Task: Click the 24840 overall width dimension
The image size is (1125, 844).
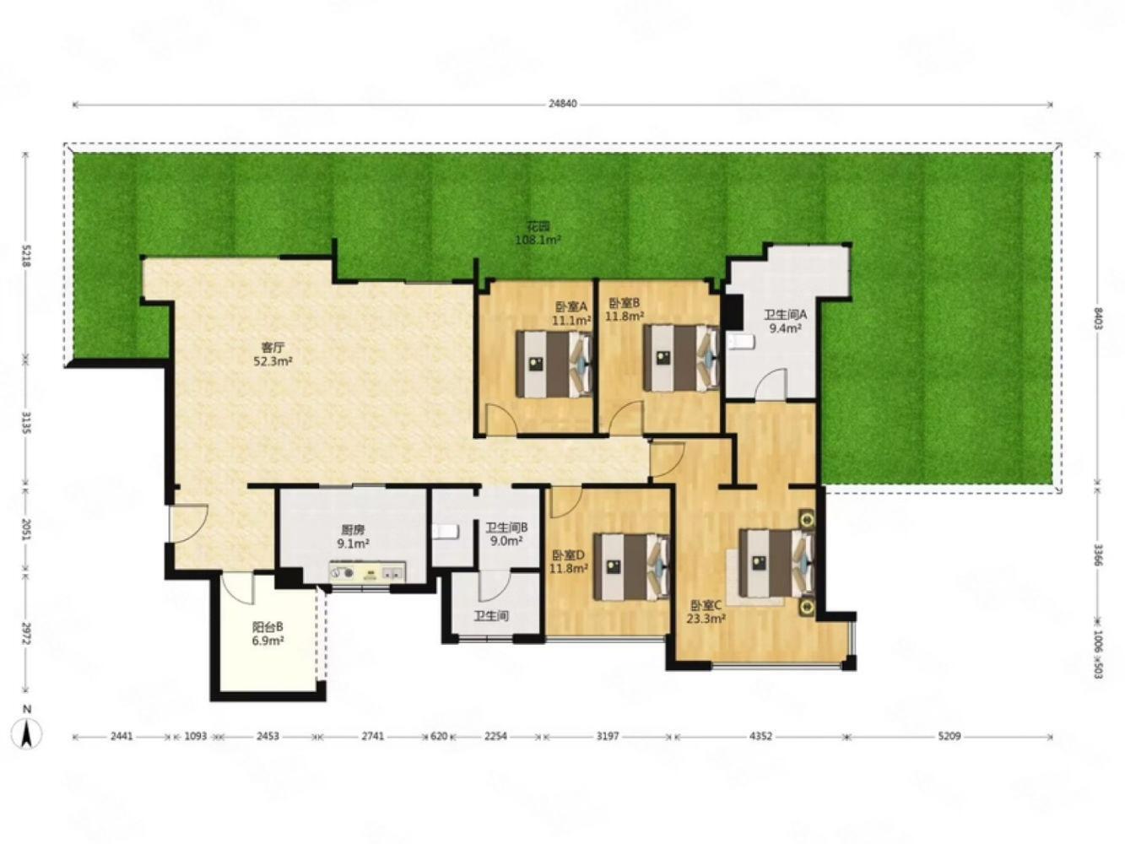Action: coord(562,104)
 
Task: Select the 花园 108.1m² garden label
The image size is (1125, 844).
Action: coord(538,233)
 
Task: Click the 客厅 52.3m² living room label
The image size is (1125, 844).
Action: coord(273,355)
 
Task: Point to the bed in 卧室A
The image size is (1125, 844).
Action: coord(554,363)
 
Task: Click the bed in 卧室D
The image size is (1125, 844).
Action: coord(632,567)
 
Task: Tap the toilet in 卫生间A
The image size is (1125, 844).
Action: coord(741,342)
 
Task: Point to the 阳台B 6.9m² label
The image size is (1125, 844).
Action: coord(268,633)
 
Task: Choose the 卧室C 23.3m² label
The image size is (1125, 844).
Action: coord(706,611)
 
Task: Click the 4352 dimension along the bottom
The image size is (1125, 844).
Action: coord(760,736)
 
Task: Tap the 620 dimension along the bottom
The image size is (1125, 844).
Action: coord(439,736)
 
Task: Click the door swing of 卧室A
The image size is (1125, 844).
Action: coord(501,419)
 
